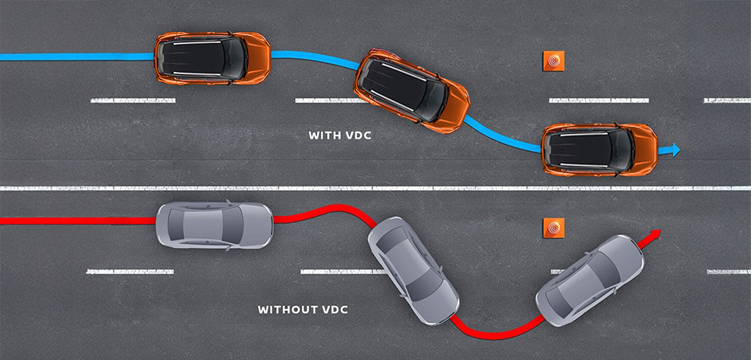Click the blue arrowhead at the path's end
673,149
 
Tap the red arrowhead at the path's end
655,235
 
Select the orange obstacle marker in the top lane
553,63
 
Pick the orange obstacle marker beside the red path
553,228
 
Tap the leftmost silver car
214,225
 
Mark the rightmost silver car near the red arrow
590,280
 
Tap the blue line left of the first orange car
78,56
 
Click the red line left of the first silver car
78,221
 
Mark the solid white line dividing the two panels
375,188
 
